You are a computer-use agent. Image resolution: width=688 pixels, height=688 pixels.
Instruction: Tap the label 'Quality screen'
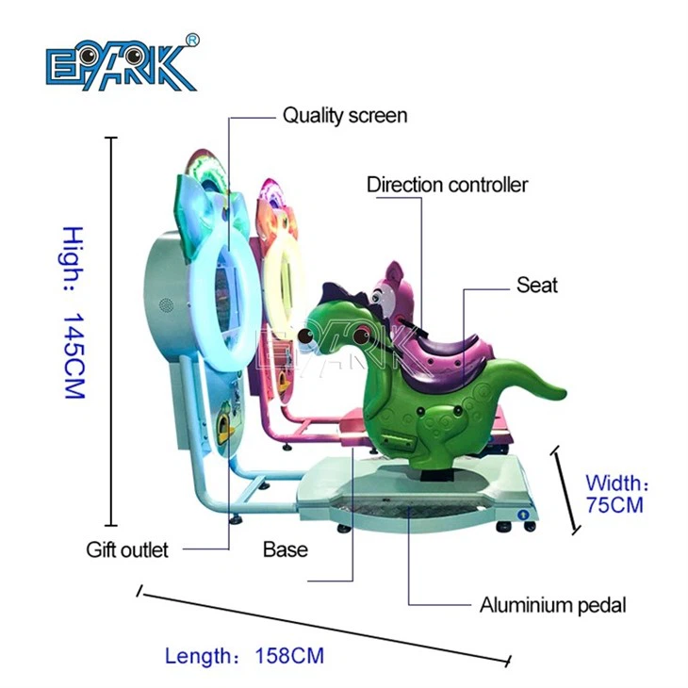(345, 116)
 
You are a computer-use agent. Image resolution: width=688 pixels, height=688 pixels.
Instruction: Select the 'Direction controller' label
(447, 185)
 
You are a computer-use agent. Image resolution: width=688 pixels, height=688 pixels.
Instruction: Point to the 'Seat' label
(536, 285)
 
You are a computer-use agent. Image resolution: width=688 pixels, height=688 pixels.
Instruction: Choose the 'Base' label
(285, 549)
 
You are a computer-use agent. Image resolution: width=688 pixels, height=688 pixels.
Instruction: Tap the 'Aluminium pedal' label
(552, 605)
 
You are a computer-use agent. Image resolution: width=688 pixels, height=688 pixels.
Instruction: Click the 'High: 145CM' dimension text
(74, 311)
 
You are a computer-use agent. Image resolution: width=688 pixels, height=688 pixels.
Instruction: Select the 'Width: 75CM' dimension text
(614, 495)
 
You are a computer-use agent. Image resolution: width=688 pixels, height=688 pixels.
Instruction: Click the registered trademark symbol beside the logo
(192, 40)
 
